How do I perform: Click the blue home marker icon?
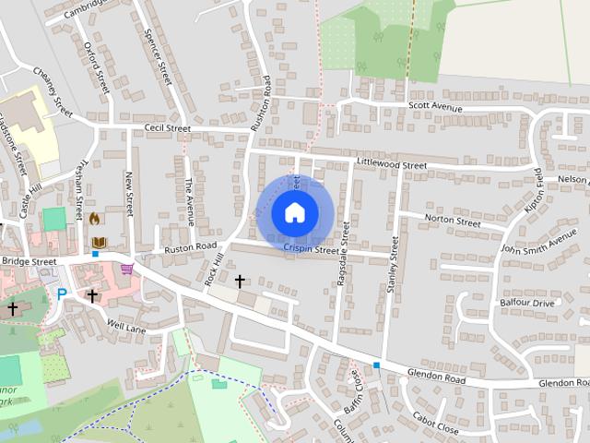coord(294,212)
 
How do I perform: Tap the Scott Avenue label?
coord(435,108)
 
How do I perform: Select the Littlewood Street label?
coord(391,164)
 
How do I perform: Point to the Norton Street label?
coord(452,221)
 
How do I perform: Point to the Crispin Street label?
coord(313,247)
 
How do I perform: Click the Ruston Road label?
coord(190,247)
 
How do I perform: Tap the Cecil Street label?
coord(166,127)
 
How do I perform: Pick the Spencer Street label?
coord(159,55)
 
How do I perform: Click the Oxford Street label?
coord(96,66)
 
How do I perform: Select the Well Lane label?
coord(126,327)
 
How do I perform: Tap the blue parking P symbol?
coord(62,294)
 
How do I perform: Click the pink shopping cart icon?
coord(126,269)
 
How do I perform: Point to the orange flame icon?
coord(93,220)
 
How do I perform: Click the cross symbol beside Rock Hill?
coord(240,281)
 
